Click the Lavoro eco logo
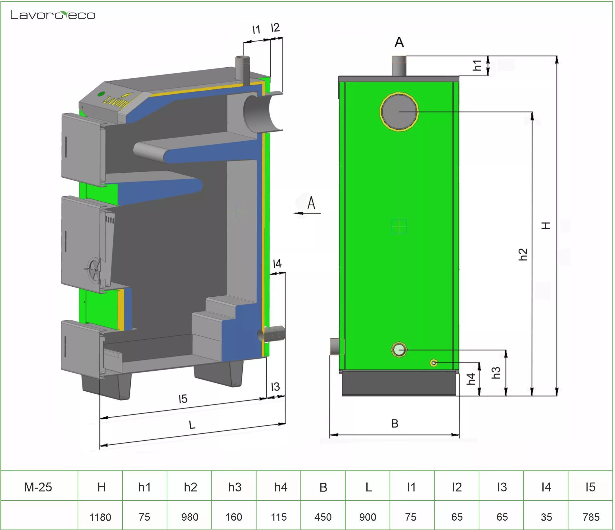point(53,15)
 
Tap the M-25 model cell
point(38,487)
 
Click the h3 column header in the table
point(234,487)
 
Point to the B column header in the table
point(323,487)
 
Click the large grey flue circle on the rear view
point(399,111)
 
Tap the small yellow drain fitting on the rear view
point(434,363)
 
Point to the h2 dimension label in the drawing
point(523,254)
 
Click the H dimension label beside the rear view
point(546,225)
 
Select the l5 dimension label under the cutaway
point(183,399)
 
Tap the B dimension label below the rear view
point(395,423)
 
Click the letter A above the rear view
point(399,42)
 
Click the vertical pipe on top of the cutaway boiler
point(242,68)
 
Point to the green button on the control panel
point(101,94)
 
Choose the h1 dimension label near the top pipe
point(477,65)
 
